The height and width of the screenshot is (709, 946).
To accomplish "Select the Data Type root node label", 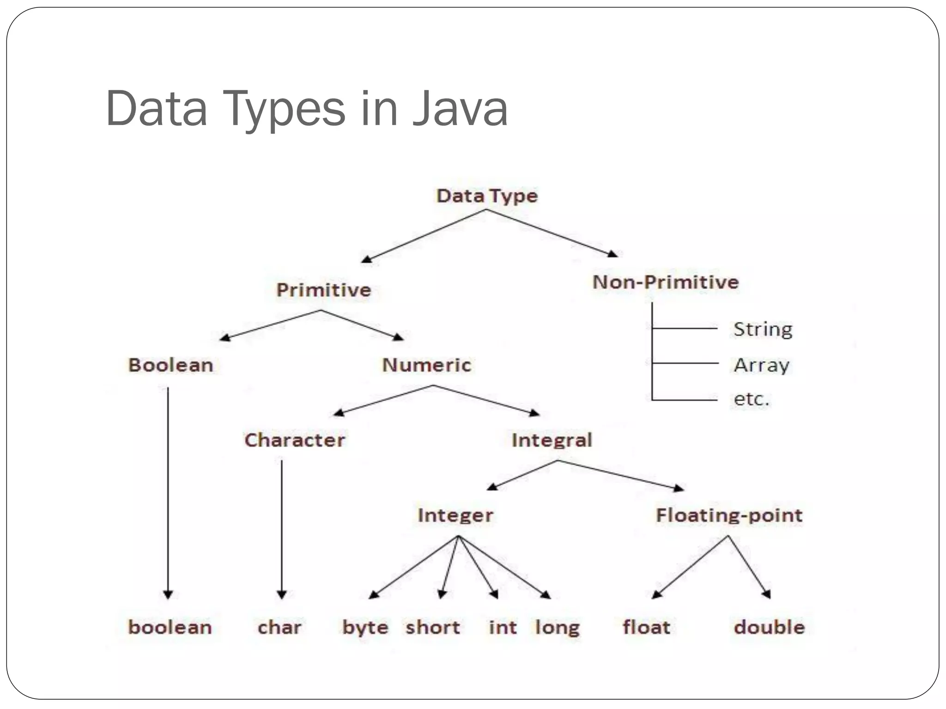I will click(x=487, y=196).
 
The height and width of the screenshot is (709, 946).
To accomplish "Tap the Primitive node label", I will click(x=324, y=290).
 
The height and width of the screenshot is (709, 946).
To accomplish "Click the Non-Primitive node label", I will click(x=666, y=282).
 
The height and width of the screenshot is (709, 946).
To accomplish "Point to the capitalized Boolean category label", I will click(x=170, y=365).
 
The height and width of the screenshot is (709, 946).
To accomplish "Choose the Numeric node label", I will click(x=427, y=365).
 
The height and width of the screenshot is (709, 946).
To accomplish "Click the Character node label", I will click(x=295, y=440).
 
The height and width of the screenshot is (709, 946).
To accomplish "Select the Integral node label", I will click(x=552, y=440).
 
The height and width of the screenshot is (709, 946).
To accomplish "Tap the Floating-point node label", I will click(x=729, y=515).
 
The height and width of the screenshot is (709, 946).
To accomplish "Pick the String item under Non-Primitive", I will click(x=763, y=329).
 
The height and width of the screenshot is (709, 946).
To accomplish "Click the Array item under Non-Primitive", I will click(x=762, y=365).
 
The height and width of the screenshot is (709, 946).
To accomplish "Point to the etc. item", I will click(x=752, y=399).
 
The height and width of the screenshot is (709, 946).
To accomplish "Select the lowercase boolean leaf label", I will click(x=170, y=627).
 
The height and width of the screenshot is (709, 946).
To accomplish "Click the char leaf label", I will click(x=279, y=627).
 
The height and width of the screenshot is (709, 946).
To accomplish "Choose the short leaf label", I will click(x=433, y=627).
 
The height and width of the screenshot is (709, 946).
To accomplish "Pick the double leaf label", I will click(x=770, y=627).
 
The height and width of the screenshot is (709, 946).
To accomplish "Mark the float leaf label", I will click(x=646, y=627).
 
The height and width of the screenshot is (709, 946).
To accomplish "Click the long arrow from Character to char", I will click(x=282, y=526).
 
